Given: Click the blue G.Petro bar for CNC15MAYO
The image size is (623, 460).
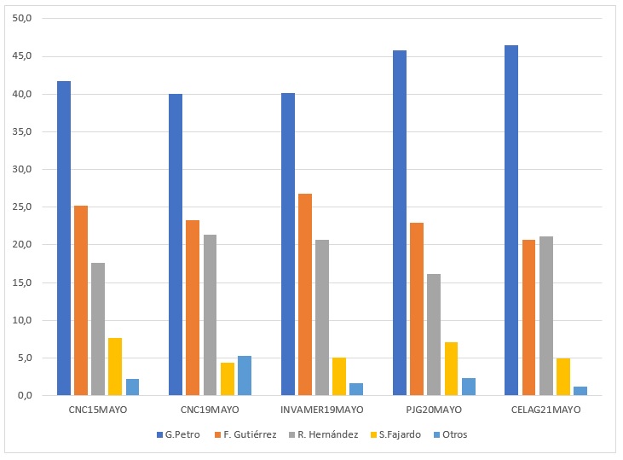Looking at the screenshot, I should click(64, 238).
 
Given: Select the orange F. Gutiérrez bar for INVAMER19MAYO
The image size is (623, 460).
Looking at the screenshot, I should click(305, 294).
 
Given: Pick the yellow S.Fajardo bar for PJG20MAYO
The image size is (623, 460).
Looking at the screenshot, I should click(451, 369).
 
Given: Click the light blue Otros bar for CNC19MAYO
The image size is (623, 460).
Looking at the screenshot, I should click(245, 376).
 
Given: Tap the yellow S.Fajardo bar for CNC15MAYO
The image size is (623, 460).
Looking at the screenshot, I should click(115, 367).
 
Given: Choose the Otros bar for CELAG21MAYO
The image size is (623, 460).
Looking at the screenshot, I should click(580, 391).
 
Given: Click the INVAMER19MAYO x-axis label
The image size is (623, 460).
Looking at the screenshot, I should click(322, 410).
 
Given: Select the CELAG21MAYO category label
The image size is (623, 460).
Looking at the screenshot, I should click(545, 410).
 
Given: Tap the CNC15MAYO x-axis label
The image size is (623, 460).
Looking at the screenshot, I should click(98, 410).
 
